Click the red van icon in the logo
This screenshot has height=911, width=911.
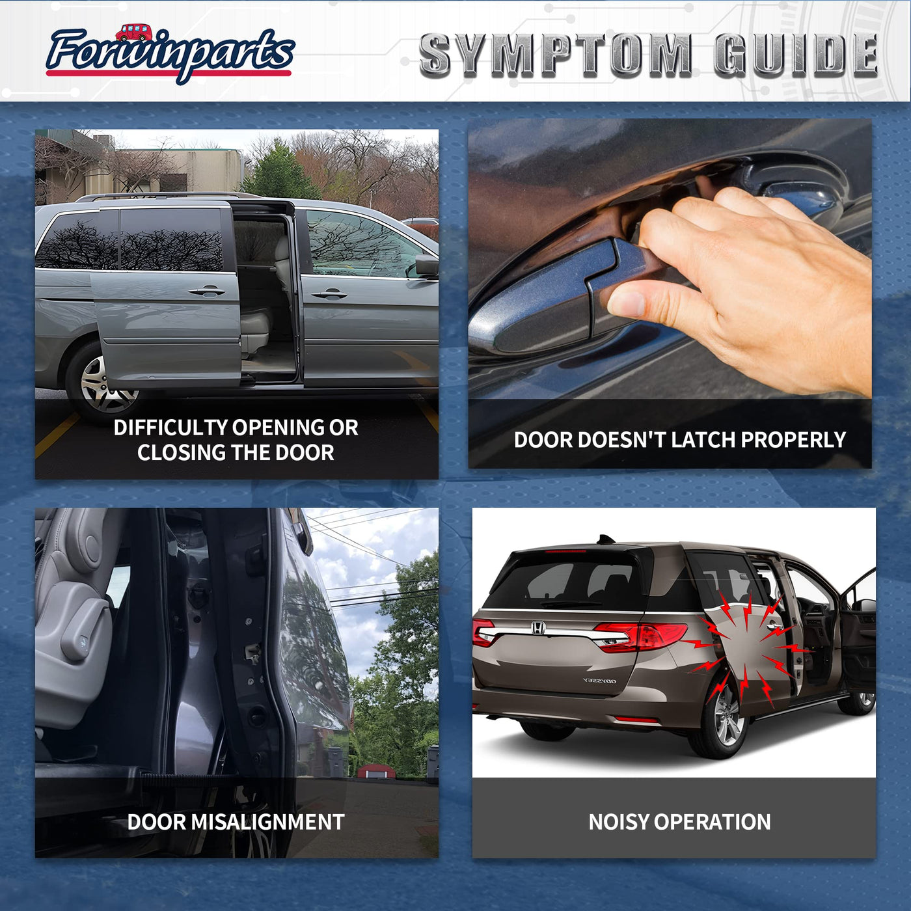click(x=134, y=33)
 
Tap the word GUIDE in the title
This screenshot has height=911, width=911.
click(x=796, y=56)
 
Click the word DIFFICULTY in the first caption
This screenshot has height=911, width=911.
click(x=171, y=428)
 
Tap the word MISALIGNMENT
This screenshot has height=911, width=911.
click(x=267, y=822)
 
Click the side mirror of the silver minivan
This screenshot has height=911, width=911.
click(x=427, y=265)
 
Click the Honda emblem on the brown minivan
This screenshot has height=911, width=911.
click(x=537, y=629)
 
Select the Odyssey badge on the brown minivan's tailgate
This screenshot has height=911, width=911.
click(x=599, y=681)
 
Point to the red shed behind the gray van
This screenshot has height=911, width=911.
click(x=377, y=772)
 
